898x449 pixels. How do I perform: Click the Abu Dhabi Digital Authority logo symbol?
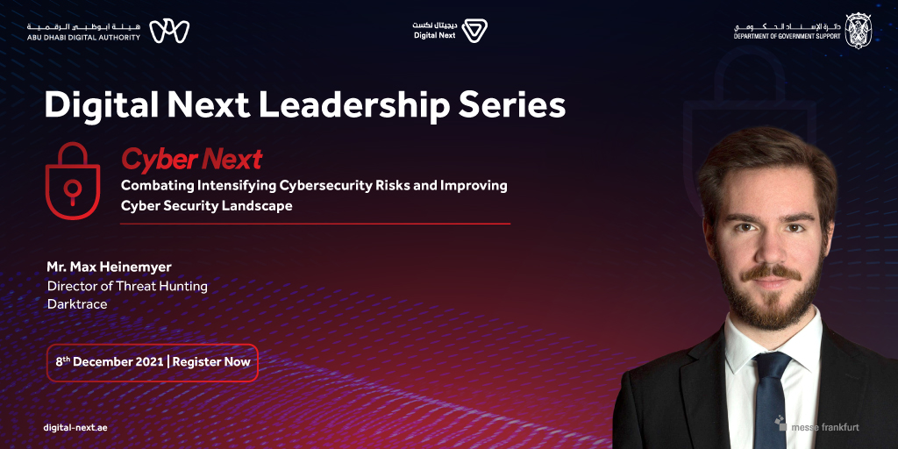click(169, 31)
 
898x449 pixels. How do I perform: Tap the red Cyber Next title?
click(191, 159)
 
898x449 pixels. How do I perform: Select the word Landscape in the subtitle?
click(254, 205)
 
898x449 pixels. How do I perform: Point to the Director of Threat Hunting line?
click(127, 285)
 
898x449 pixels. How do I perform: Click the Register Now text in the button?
click(211, 362)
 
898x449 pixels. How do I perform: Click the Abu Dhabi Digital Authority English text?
click(83, 38)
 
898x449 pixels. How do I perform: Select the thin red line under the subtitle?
click(315, 224)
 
